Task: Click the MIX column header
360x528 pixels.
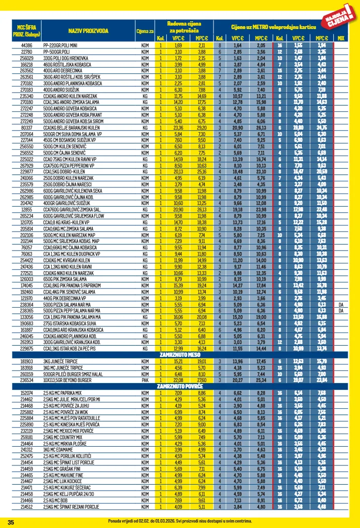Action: pos(341,38)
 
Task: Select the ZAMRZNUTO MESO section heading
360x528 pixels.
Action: pos(180,354)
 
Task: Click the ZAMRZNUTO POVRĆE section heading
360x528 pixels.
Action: pos(180,387)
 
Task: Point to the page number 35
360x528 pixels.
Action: pos(11,522)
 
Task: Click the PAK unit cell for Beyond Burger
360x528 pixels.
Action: pos(145,380)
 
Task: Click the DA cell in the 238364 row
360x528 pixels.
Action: pos(341,304)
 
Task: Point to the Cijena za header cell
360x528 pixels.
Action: pos(145,31)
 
